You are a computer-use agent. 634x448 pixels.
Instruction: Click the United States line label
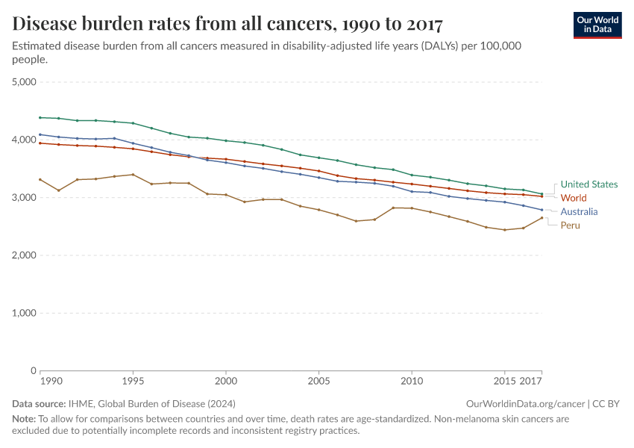click(589, 184)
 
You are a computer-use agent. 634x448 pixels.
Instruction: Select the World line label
click(574, 198)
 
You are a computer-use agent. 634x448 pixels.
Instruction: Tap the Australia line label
click(579, 212)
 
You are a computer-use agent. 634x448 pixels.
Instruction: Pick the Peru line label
click(570, 225)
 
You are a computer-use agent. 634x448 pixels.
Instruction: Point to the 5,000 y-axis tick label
click(25, 82)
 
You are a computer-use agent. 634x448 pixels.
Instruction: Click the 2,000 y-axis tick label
click(25, 255)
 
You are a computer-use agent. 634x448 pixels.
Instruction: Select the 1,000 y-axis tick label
click(25, 313)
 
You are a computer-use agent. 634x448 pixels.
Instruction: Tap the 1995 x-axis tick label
click(133, 381)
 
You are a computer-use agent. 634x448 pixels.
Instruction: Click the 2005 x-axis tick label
click(318, 381)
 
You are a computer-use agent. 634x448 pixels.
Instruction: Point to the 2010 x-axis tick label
click(411, 381)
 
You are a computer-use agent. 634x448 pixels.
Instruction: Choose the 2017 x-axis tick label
click(530, 381)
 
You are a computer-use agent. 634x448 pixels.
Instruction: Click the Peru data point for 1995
click(133, 175)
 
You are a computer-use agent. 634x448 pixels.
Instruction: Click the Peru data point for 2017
click(542, 217)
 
